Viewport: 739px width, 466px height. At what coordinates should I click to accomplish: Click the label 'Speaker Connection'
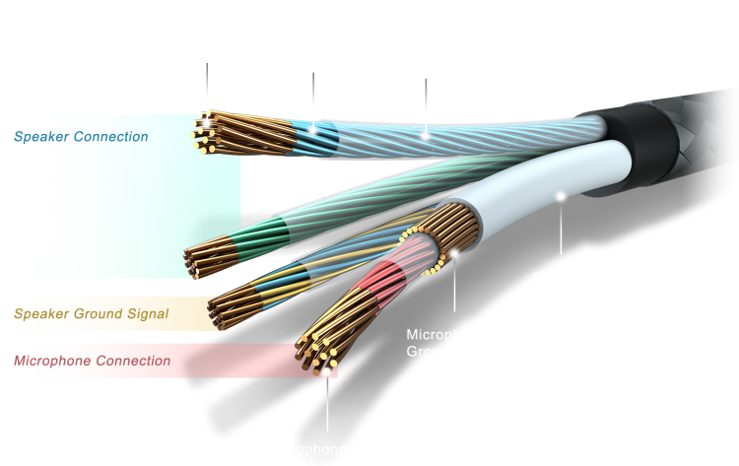pos(81,137)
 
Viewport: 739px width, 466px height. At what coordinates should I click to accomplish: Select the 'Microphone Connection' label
pos(92,361)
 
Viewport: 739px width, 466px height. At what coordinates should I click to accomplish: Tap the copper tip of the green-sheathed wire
pos(202,259)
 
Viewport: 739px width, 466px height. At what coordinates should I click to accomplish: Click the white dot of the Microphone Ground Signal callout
pos(455,253)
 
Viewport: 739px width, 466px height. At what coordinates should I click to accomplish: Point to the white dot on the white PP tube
pos(561,195)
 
